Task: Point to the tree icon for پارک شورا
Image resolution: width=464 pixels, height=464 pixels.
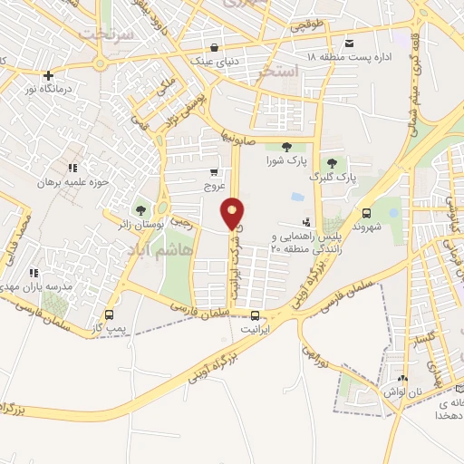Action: click(286, 147)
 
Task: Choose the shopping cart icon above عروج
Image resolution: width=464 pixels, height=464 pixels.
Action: click(214, 172)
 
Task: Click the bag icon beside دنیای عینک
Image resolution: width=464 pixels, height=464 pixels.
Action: click(213, 48)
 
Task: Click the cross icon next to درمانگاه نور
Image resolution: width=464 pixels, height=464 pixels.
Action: click(49, 75)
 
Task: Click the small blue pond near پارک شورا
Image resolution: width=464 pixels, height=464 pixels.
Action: click(296, 198)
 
